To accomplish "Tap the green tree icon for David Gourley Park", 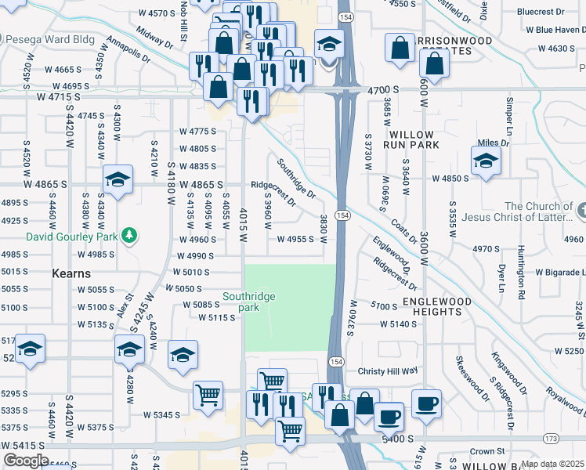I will pyautogui.click(x=133, y=235).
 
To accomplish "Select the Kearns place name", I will pyautogui.click(x=71, y=274).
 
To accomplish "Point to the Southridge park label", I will pyautogui.click(x=251, y=302).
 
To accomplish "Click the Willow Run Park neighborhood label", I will pyautogui.click(x=408, y=139).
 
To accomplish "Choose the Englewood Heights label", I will pyautogui.click(x=437, y=306).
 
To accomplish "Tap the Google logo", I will pyautogui.click(x=25, y=461).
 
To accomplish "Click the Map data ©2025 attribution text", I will pyautogui.click(x=553, y=464).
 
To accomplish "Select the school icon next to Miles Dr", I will pyautogui.click(x=486, y=162).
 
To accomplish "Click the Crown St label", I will pyautogui.click(x=487, y=452).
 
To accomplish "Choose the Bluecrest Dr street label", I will pyautogui.click(x=541, y=12).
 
